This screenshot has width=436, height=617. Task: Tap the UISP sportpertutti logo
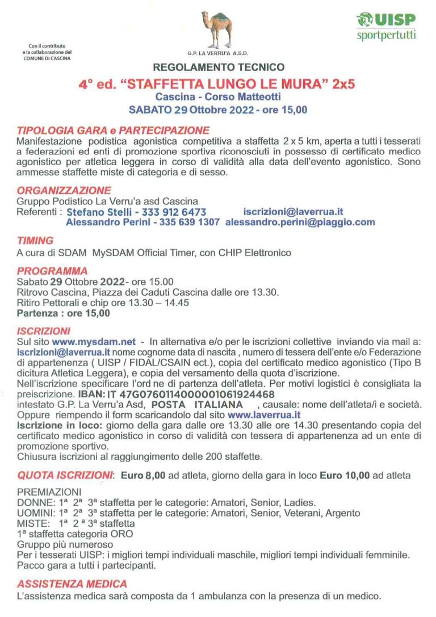tap(386, 27)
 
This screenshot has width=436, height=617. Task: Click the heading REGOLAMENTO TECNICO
tap(218, 67)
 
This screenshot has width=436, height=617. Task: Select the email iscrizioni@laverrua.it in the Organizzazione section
tap(293, 212)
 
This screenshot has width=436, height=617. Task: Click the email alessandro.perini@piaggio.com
tap(300, 223)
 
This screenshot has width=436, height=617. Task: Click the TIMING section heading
tap(35, 240)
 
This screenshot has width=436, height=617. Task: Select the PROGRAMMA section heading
tap(52, 271)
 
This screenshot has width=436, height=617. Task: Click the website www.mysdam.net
tap(94, 342)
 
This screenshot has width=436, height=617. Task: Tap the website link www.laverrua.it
tap(264, 414)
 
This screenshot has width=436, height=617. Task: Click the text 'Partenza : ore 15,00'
tap(64, 313)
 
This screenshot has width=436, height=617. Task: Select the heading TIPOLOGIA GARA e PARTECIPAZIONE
tap(113, 130)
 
